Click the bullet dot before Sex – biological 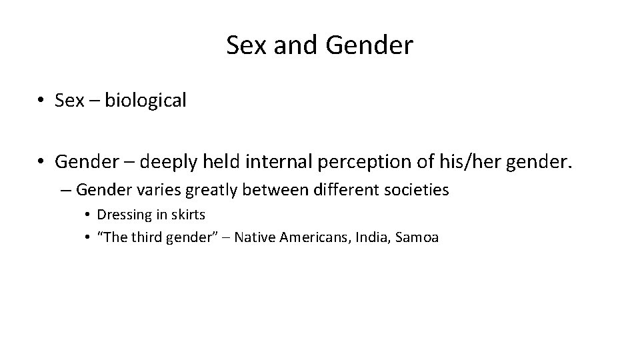[x=41, y=101]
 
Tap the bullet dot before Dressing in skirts [x=87, y=215]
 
